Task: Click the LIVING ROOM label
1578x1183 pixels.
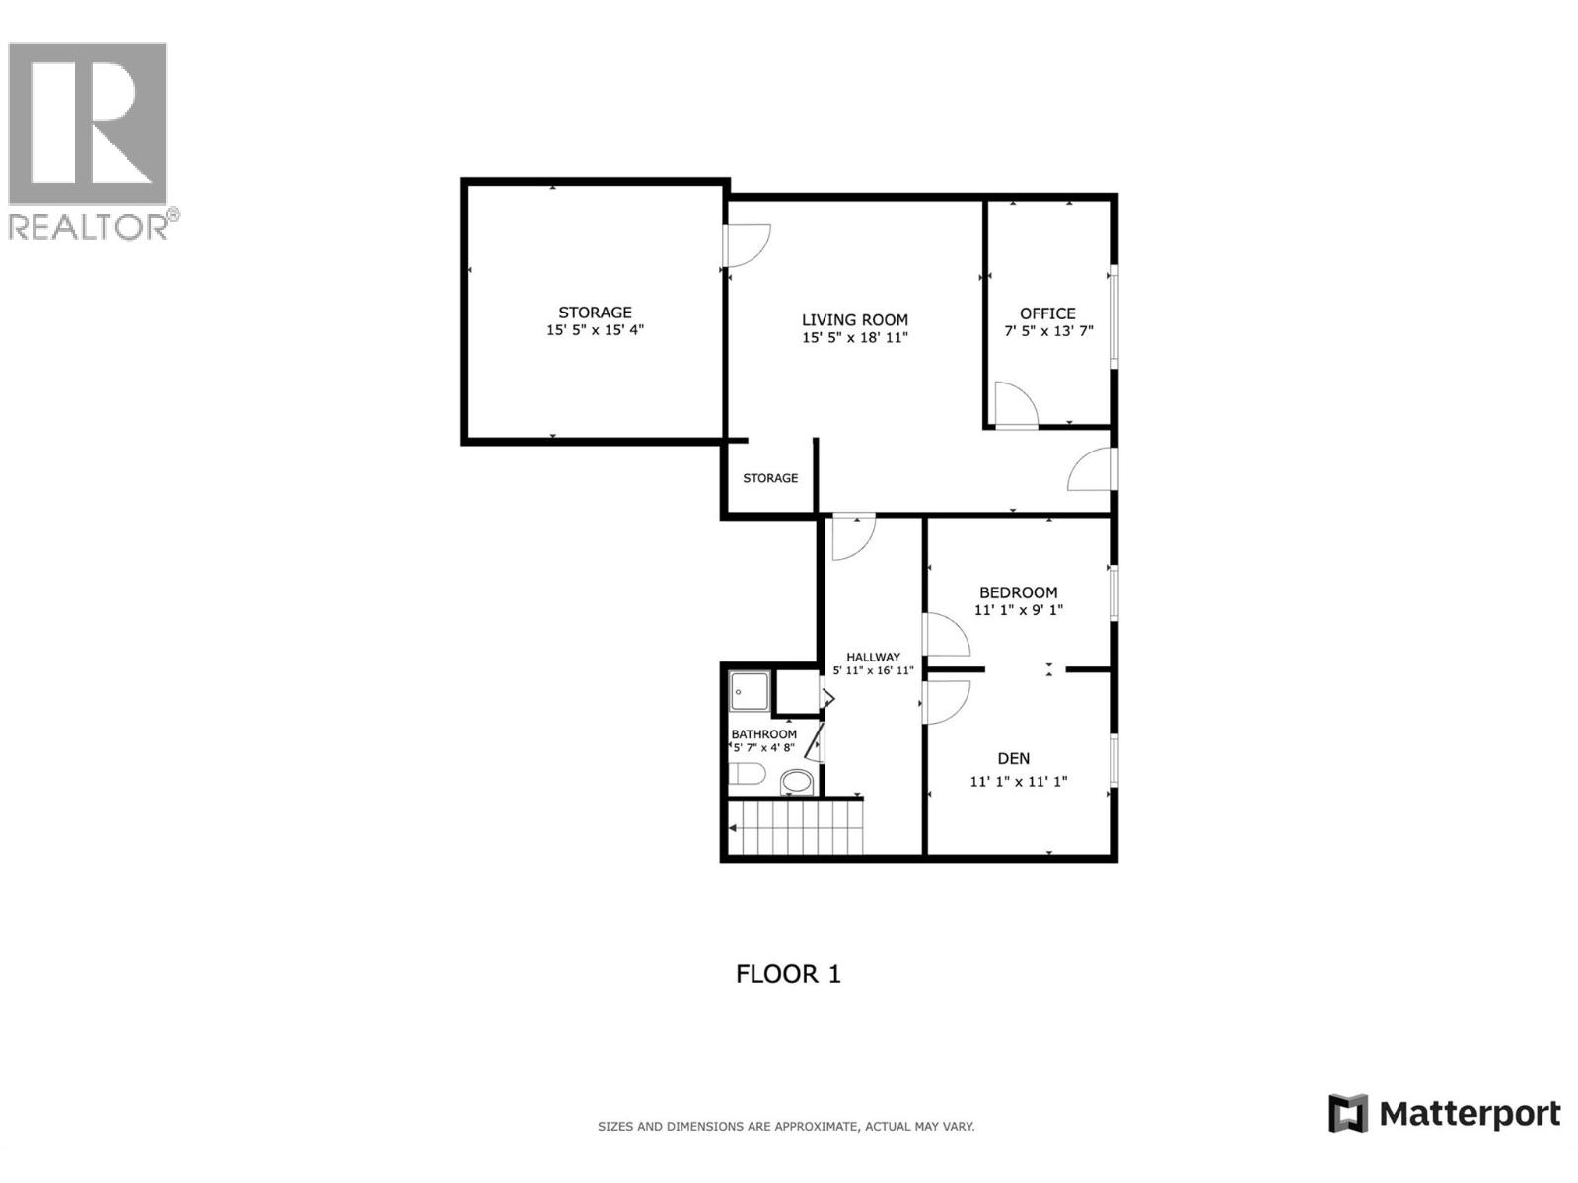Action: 854,319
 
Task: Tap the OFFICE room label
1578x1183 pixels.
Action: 1047,313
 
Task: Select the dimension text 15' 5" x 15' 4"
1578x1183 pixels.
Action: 595,330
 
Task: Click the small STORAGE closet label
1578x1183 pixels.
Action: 770,478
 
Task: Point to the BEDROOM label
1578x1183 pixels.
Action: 1018,592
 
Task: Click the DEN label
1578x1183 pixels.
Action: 1014,758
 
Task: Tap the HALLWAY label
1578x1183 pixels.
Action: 873,657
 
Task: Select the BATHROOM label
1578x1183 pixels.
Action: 763,734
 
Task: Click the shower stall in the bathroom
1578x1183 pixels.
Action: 750,692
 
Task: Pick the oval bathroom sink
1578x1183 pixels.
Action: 797,783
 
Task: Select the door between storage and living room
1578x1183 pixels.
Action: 746,244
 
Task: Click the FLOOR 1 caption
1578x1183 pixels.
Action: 788,974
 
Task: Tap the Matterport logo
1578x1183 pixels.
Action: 1444,1114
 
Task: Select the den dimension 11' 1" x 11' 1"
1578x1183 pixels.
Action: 1019,782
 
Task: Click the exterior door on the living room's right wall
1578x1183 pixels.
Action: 1092,470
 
